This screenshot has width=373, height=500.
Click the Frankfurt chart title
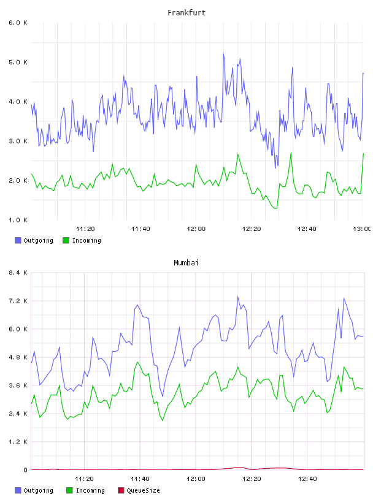pos(186,13)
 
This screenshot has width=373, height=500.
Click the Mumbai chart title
pos(186,263)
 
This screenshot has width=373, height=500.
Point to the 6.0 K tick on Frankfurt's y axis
pos(18,23)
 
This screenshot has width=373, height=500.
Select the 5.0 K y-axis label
pos(18,62)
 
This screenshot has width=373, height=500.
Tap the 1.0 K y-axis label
pos(18,220)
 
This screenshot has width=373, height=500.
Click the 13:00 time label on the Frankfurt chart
pos(362,229)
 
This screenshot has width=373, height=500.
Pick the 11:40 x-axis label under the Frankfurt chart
pos(140,229)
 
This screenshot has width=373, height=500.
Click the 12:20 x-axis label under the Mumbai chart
pos(252,479)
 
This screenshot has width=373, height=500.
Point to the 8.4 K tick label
pos(18,273)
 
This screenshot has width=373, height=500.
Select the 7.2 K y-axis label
pos(18,301)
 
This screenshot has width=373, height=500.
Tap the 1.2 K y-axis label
pos(18,442)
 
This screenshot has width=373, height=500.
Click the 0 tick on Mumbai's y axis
pos(26,470)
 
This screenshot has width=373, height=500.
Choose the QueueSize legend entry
pos(139,490)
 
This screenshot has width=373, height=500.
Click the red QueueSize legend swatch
pos(121,490)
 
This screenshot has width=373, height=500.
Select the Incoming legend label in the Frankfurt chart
pos(87,240)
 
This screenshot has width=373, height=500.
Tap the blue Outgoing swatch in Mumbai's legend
pos(18,490)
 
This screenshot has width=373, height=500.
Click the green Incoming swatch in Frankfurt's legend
pos(66,240)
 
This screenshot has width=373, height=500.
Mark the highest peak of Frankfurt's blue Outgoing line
pos(223,53)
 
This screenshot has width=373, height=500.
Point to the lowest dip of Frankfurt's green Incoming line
pos(276,208)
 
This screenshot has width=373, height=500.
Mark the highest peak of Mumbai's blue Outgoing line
pos(237,297)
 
